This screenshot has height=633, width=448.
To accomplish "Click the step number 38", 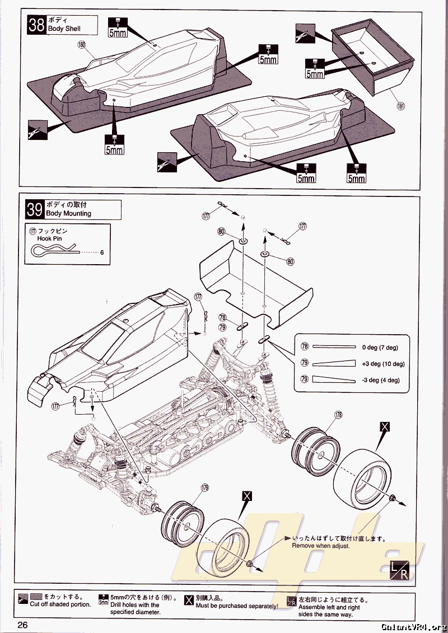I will [36, 26].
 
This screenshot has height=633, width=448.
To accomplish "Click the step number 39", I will [35, 210].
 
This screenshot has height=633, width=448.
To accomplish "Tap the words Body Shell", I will [64, 29].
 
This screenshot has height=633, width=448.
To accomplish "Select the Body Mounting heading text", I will [68, 213].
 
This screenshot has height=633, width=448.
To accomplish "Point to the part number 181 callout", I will [401, 105].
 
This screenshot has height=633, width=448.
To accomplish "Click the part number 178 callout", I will [338, 415].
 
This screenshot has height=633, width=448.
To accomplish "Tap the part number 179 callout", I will [205, 488].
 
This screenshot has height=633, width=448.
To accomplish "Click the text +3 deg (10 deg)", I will [383, 364].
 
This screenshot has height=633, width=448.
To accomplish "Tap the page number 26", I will [22, 625].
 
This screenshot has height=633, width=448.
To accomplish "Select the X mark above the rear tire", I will [385, 426].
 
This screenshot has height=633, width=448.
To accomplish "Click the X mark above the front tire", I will [248, 496].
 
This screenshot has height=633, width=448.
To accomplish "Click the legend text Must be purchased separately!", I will [237, 606].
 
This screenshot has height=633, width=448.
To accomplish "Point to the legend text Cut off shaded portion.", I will [60, 604].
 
